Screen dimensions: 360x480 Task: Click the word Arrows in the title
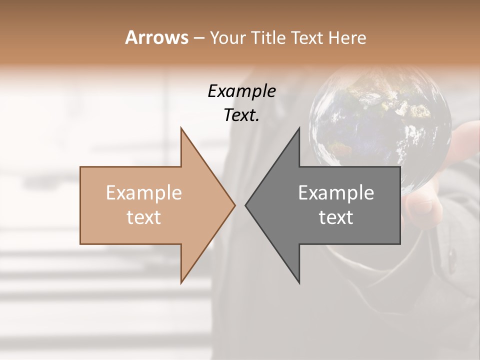coord(156,37)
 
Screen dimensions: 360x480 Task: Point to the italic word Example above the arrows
coord(241,91)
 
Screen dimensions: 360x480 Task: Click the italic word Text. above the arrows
coord(241,115)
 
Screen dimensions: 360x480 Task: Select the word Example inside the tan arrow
coord(143,192)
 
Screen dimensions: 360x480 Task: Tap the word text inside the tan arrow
coord(143,217)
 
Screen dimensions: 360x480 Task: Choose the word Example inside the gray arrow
coord(336,192)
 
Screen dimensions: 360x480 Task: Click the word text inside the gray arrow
coord(336,217)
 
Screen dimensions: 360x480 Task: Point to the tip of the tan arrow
coord(235,205)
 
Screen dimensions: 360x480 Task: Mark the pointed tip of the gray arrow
coord(245,205)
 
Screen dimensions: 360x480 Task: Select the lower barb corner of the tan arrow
coord(181,283)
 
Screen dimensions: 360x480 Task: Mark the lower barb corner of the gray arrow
coord(299,283)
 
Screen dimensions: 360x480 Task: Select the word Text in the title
coord(306,38)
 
